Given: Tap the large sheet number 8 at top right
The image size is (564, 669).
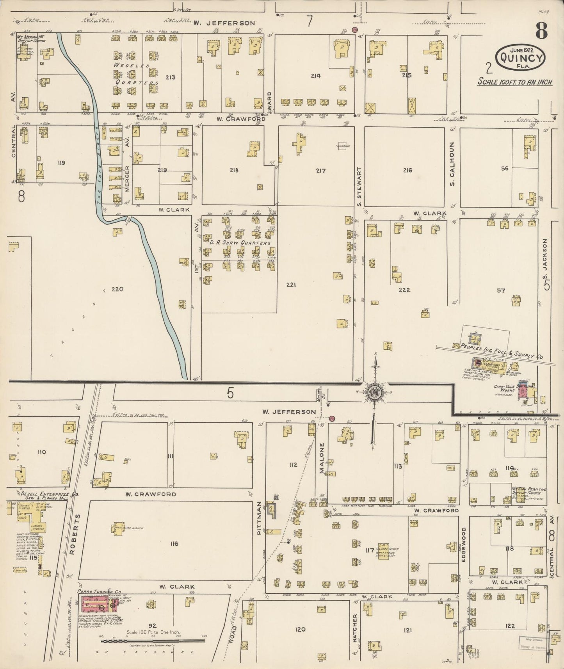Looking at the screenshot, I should point(541,30).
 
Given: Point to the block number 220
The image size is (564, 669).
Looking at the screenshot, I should point(117,289).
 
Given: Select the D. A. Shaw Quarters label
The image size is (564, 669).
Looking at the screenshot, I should point(240,243).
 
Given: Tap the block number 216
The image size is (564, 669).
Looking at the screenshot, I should point(407,170).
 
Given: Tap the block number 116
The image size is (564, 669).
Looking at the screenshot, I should point(174,544).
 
